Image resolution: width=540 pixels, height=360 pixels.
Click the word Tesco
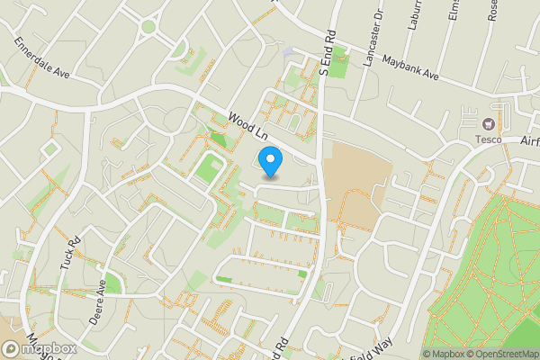489,139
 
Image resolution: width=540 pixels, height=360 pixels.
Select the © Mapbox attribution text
445,354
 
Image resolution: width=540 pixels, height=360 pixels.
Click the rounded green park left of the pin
209,167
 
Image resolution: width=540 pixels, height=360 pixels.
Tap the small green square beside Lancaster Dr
337,65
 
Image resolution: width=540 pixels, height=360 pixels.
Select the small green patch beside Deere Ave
112,282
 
